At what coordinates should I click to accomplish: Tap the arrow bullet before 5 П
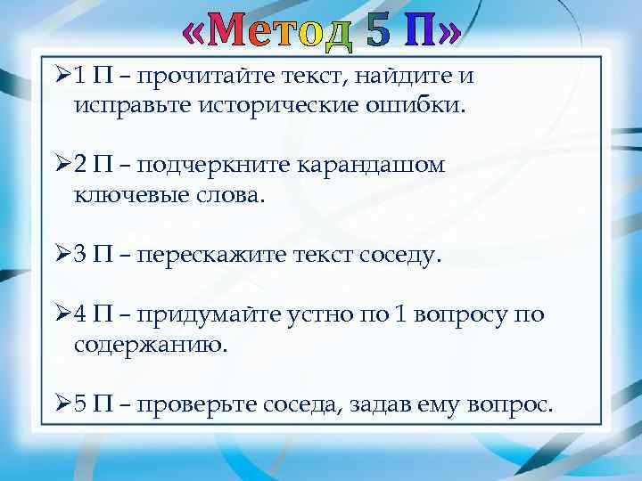62,405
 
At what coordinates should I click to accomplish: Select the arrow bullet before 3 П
62,257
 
